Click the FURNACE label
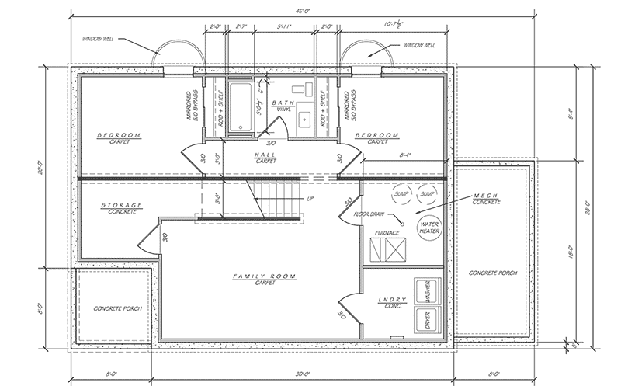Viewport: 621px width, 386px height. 387,231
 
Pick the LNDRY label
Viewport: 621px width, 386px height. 388,299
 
